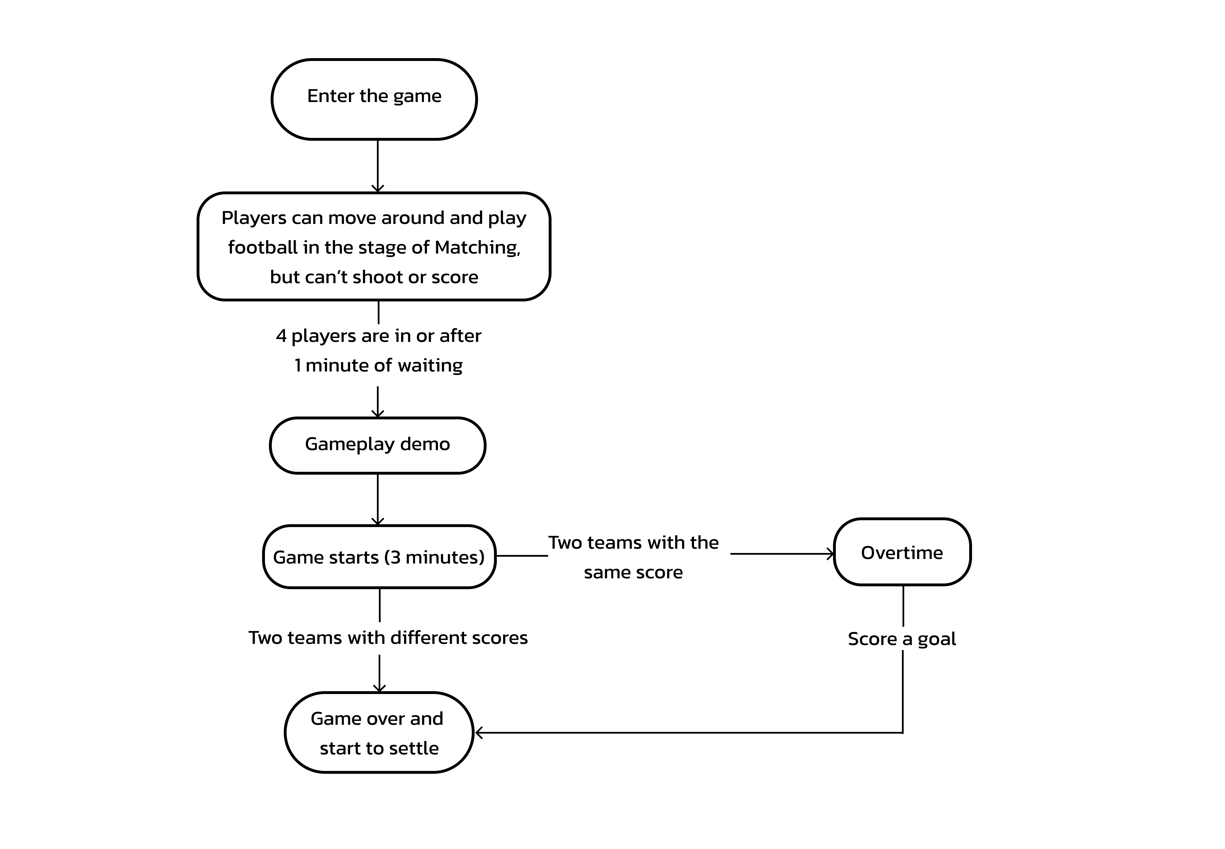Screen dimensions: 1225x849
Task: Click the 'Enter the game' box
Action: pos(374,99)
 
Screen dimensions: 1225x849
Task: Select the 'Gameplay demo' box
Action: pos(378,445)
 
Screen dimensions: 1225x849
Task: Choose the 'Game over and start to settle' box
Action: pos(379,732)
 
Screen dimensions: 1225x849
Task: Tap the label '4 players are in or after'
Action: pos(378,336)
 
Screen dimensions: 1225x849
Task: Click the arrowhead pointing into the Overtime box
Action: pos(830,554)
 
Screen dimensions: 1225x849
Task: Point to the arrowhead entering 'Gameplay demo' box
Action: pos(378,413)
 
